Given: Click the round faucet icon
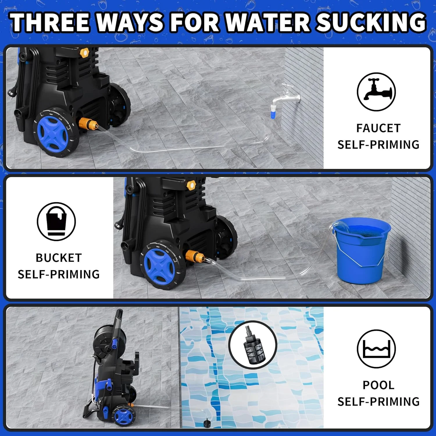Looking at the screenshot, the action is (x=376, y=92).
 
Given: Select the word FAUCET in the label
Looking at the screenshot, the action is (x=378, y=128).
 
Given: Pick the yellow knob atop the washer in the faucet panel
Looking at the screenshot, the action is (x=84, y=53).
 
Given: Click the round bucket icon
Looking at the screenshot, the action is (x=56, y=221).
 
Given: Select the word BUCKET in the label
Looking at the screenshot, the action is (x=59, y=258).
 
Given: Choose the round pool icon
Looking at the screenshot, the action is (x=376, y=349).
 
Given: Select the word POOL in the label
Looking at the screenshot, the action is (x=378, y=385).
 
